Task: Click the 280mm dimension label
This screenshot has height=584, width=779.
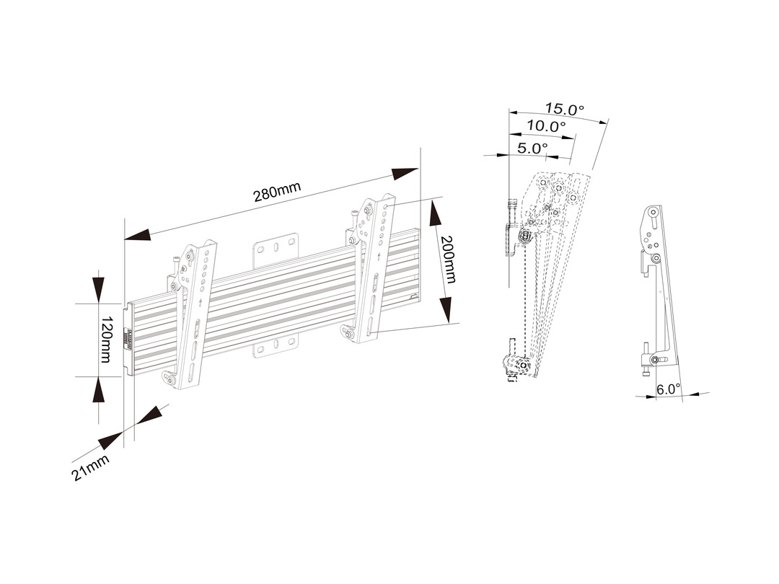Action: click(277, 193)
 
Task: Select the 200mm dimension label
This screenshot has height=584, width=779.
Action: click(448, 259)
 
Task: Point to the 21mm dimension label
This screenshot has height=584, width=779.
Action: click(90, 467)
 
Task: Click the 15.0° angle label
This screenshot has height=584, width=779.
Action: click(564, 110)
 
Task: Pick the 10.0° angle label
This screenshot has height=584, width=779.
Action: click(545, 125)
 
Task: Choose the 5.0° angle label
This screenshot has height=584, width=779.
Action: click(533, 148)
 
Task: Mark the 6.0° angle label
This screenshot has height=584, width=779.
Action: click(668, 389)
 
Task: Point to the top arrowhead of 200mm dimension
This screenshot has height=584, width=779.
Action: click(436, 213)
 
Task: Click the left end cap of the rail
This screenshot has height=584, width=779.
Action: click(129, 337)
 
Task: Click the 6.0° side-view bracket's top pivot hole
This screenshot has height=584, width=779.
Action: click(653, 213)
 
